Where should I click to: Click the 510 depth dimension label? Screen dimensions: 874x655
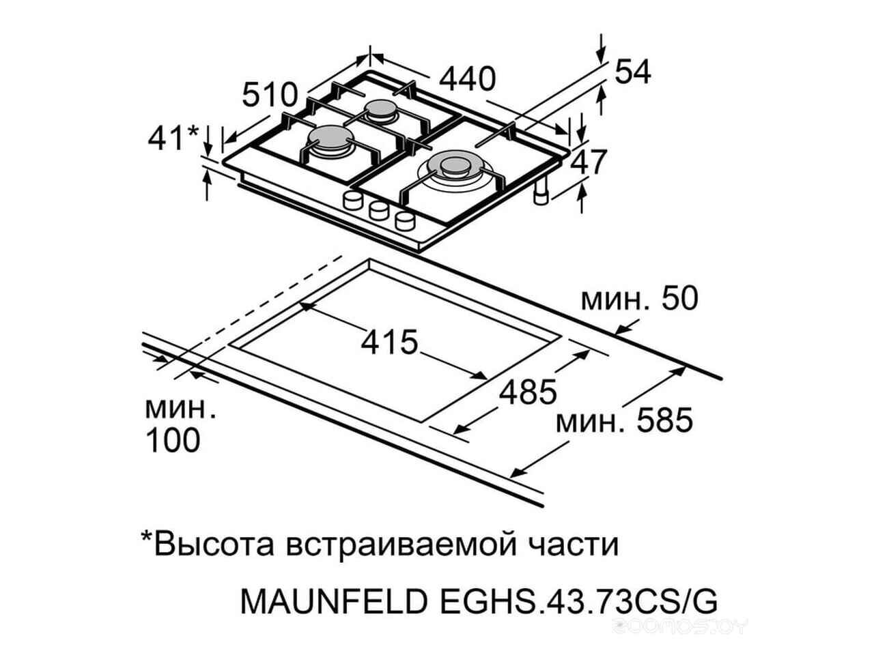pos(270,95)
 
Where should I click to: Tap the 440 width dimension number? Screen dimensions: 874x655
pos(467,80)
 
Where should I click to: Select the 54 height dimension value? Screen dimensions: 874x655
pos(632,72)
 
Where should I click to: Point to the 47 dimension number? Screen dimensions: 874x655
pos(588,162)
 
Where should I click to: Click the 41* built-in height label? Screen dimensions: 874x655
pos(173,138)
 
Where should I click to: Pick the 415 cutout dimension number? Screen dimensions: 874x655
pos(389,342)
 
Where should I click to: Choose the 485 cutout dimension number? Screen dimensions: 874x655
pos(528,392)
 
